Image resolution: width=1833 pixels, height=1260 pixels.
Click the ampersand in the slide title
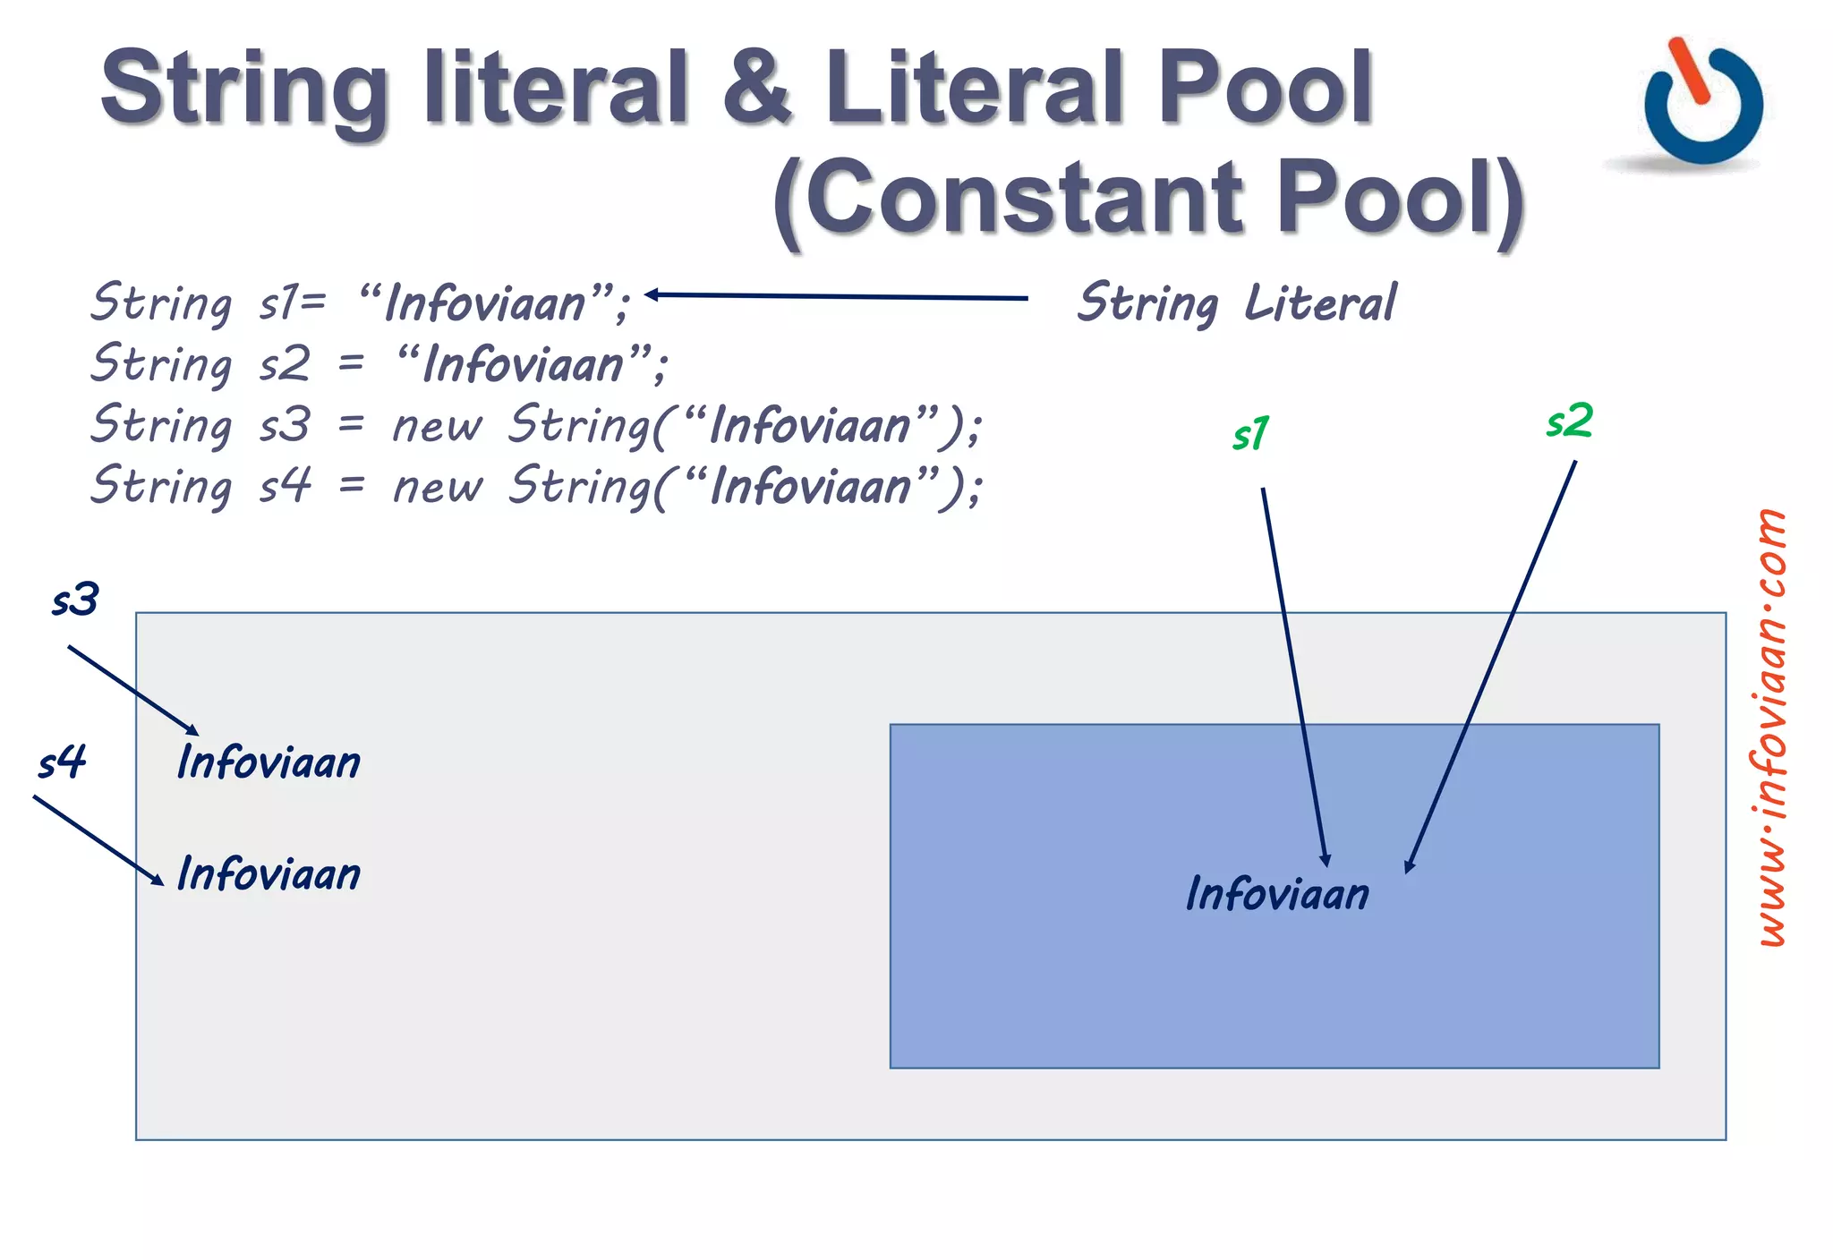[757, 87]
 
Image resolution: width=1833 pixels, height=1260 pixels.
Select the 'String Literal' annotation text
[1235, 302]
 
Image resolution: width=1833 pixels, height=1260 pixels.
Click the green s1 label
[1250, 434]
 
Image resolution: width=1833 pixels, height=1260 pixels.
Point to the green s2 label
[1570, 421]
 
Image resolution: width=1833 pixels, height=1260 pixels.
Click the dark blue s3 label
[75, 600]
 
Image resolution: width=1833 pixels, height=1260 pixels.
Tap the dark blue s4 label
[62, 762]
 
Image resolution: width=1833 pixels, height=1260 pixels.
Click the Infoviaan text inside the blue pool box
[1277, 893]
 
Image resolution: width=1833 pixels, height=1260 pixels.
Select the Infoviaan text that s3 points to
[269, 762]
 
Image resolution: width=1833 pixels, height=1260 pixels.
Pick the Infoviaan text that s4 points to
[269, 873]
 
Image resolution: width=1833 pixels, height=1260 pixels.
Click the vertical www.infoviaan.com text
[1771, 727]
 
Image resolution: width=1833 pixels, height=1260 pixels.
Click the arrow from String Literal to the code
[836, 296]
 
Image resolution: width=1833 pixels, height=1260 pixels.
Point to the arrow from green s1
[1294, 677]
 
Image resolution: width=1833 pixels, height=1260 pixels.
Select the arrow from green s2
[1491, 666]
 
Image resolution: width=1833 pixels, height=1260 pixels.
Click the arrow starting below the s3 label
[132, 690]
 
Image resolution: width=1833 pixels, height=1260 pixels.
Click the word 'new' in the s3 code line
[438, 426]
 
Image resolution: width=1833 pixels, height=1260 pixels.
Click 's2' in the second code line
[285, 364]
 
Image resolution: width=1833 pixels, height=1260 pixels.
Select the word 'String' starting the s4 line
[161, 486]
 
